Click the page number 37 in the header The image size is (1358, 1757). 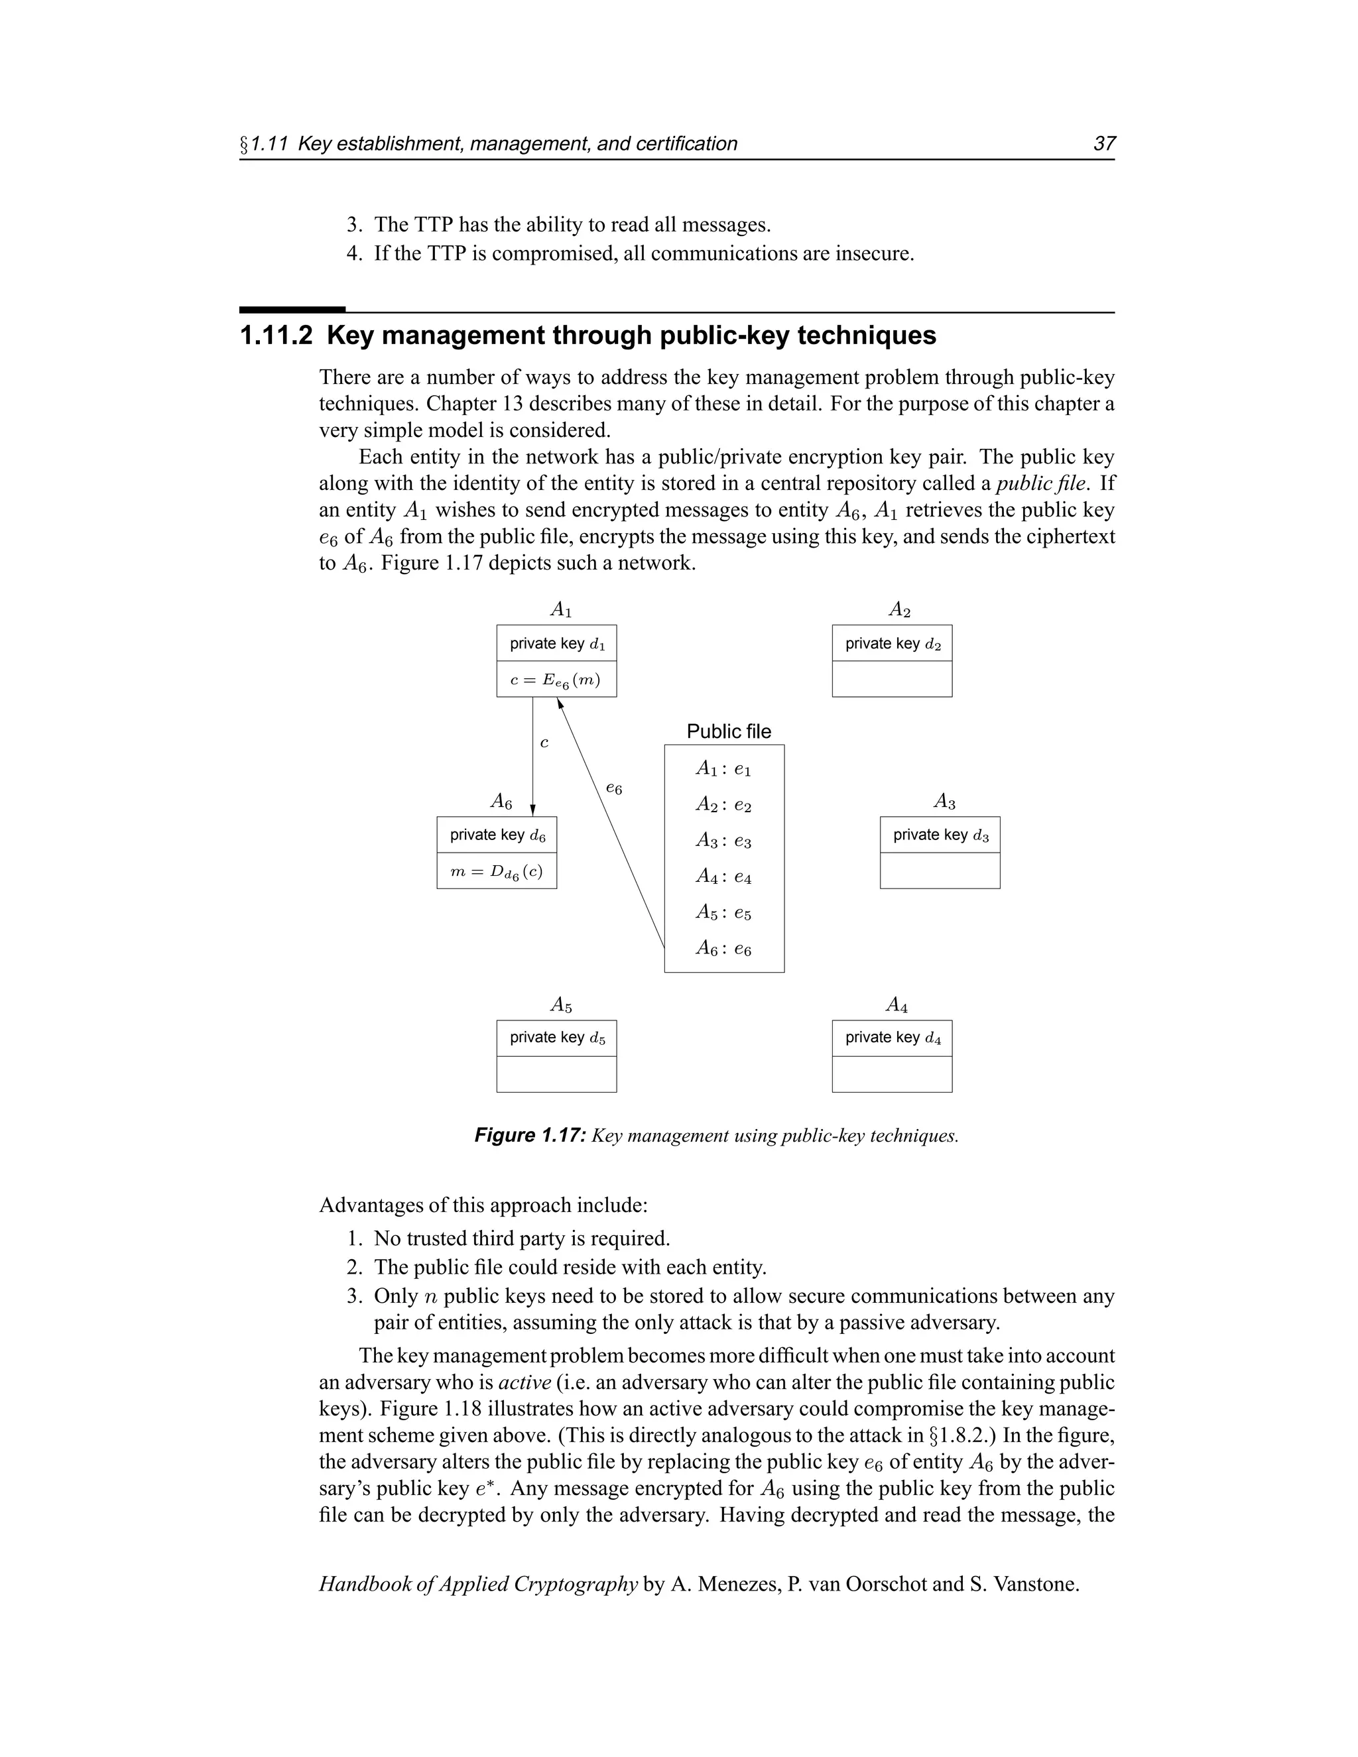pos(1104,144)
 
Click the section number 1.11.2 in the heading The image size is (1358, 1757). pos(276,335)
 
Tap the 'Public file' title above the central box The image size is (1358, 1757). pos(728,731)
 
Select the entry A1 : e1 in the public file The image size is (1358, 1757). pos(723,770)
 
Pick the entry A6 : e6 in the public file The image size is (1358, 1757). pos(723,949)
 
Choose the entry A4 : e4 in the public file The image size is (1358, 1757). pos(723,877)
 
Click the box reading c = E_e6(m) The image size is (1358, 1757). pos(556,680)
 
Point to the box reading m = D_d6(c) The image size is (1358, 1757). pos(497,871)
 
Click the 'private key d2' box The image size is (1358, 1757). pos(891,644)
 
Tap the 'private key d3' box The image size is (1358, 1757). pos(940,835)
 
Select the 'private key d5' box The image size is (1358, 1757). pos(556,1038)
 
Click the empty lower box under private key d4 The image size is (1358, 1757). pos(891,1074)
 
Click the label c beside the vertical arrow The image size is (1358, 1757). pos(544,743)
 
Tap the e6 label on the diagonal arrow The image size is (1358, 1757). pos(614,789)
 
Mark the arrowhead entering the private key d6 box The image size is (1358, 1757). pos(532,811)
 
